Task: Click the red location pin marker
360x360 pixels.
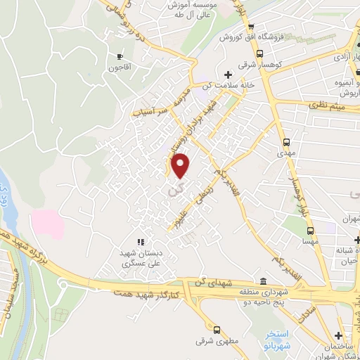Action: click(x=181, y=165)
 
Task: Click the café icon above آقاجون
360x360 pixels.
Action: click(x=120, y=56)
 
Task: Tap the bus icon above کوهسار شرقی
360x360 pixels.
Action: click(x=259, y=53)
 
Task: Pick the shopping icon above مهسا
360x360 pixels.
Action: click(x=307, y=228)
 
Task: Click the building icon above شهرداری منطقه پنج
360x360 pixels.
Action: click(x=264, y=280)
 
